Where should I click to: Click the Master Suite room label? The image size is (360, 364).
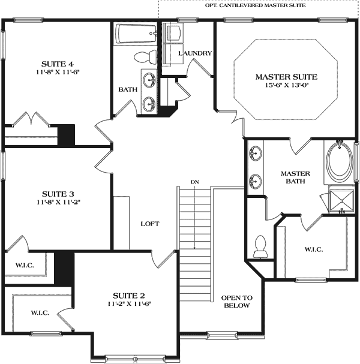point(286,77)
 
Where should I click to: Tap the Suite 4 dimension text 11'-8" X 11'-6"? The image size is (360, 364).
point(58,72)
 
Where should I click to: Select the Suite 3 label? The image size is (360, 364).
point(58,194)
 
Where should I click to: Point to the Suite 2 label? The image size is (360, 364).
point(130,296)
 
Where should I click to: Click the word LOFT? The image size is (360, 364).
point(149,224)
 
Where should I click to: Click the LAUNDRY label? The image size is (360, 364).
point(195,53)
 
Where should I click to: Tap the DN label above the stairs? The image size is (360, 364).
point(194,182)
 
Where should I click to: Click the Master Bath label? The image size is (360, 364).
point(294,177)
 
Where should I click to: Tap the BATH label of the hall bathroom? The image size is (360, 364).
point(127,89)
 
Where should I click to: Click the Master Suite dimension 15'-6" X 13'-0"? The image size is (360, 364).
point(286,85)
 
